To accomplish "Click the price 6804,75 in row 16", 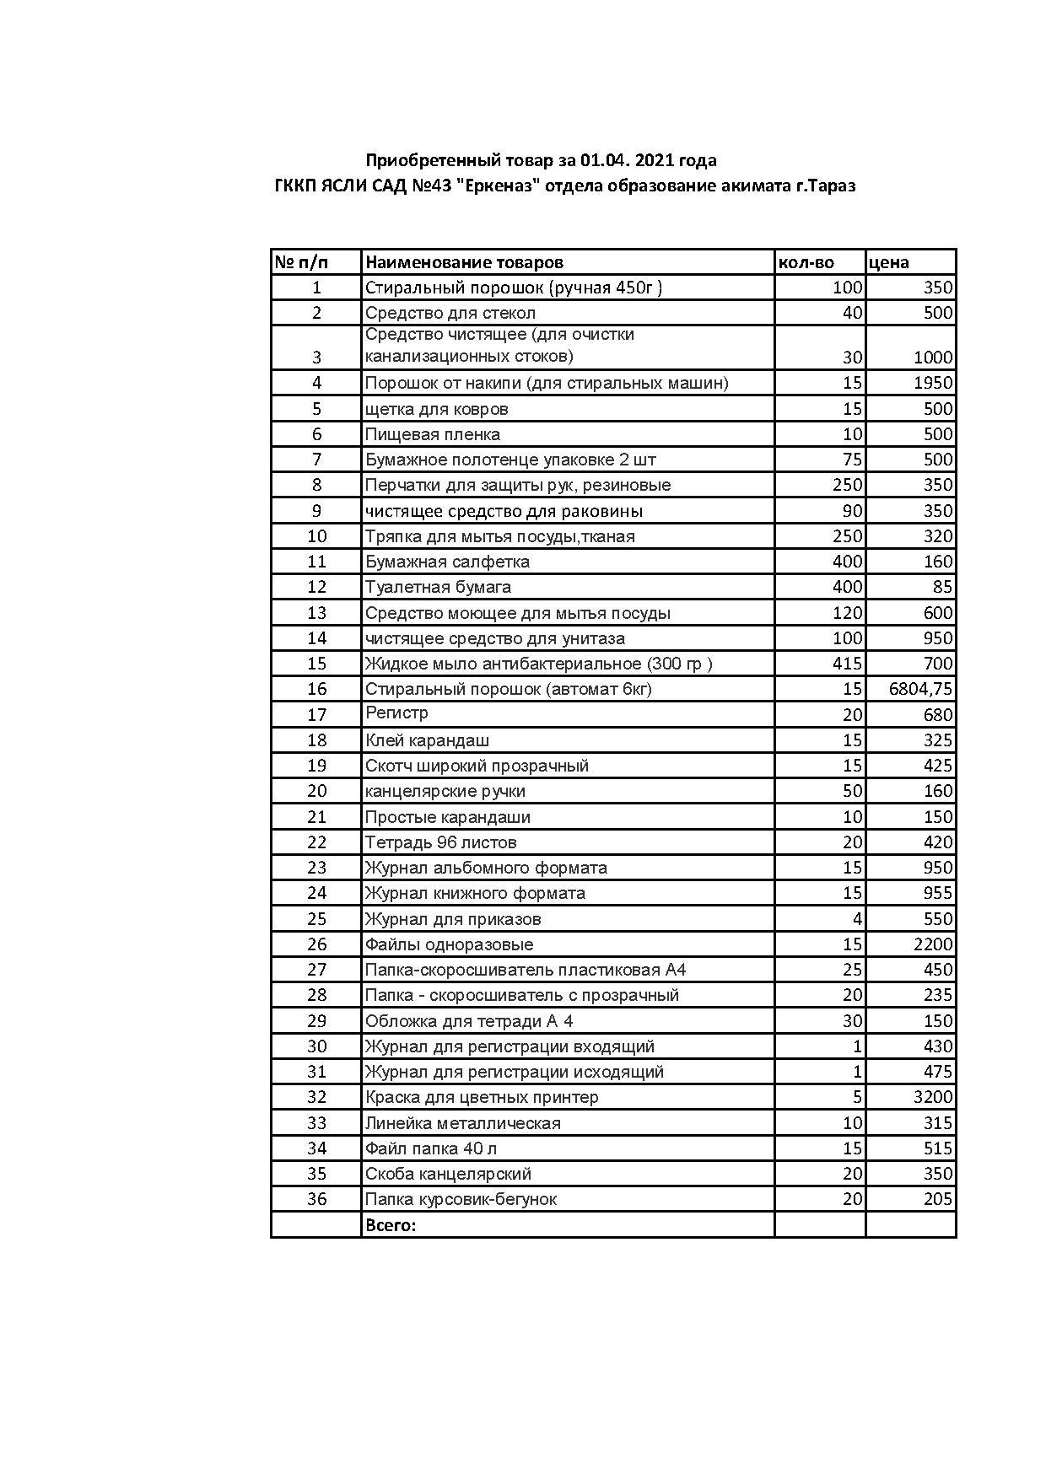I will pos(920,689).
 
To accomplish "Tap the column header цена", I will pos(888,262).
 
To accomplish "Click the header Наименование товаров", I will pos(464,262).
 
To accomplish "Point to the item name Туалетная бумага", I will pos(438,587).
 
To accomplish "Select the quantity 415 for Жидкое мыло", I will pos(847,664).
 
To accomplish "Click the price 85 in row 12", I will pos(942,587).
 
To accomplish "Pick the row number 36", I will pos(316,1199).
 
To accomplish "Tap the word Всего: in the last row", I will pos(391,1225).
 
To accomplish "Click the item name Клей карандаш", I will pos(427,740).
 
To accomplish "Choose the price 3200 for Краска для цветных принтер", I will pos(933,1097).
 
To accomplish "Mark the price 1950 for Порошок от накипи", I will pos(933,383).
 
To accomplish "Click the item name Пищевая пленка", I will pos(433,434).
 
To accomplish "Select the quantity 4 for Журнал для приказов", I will pos(857,919).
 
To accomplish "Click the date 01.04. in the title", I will pos(603,160).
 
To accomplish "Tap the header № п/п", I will pos(301,262).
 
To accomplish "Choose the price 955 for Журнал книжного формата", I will pos(937,893).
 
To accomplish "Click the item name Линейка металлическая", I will pos(462,1123).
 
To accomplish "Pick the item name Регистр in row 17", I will pos(396,713).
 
